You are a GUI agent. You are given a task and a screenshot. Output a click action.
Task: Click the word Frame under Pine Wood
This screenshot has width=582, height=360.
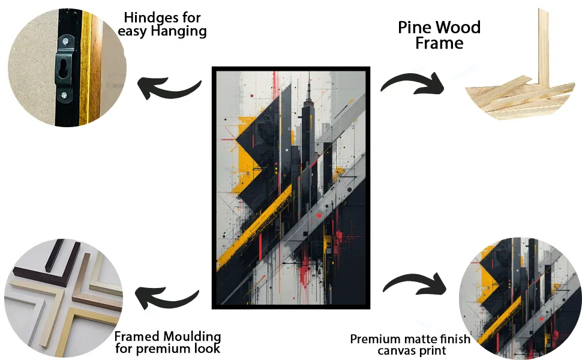[439, 43]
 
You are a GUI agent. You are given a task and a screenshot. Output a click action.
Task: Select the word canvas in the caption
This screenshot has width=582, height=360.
[394, 351]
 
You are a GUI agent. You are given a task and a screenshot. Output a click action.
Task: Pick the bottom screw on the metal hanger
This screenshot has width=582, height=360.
[64, 95]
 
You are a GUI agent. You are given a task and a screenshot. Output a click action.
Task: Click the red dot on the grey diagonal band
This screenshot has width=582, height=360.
[319, 215]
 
